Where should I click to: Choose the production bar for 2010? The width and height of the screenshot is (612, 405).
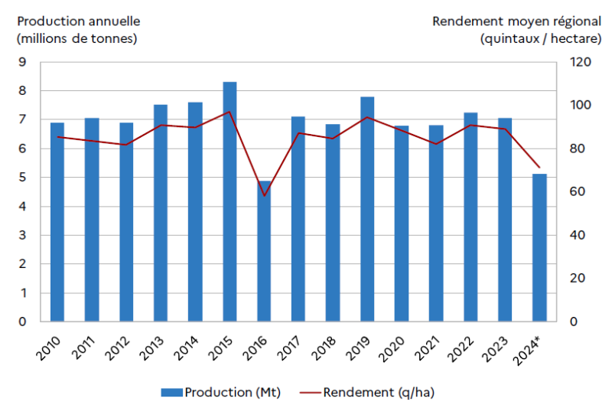(57, 222)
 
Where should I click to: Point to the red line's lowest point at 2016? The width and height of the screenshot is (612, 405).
(264, 195)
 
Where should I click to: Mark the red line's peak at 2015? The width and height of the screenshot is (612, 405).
(229, 112)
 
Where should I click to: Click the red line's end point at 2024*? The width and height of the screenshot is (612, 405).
(539, 167)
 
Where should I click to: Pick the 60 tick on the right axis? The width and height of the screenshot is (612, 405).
(578, 192)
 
